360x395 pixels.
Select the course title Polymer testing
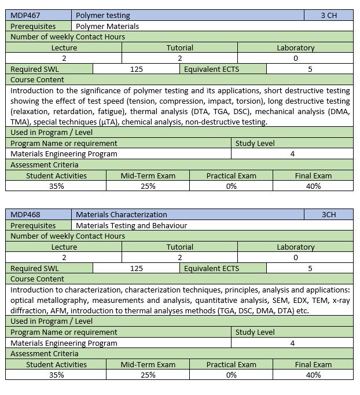point(103,16)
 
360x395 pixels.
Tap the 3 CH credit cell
point(329,16)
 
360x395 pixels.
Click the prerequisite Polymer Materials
point(108,26)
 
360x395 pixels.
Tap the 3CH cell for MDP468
point(329,215)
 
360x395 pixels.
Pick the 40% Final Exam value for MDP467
point(313,186)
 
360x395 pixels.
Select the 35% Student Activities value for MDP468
point(56,375)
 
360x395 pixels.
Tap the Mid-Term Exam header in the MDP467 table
point(148,175)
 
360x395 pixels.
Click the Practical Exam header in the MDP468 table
point(232,364)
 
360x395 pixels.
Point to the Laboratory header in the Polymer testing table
point(295,47)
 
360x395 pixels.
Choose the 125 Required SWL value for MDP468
point(137,268)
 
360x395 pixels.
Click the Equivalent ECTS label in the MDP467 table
point(211,70)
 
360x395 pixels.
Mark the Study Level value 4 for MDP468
point(292,342)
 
